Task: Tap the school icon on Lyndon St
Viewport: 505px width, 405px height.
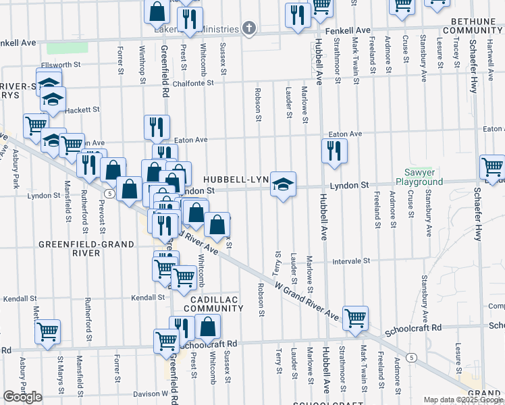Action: point(283,183)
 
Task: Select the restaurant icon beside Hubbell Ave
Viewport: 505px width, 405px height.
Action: point(334,151)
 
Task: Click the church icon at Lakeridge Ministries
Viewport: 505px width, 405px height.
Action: point(250,29)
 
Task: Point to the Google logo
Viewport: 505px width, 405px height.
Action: point(22,396)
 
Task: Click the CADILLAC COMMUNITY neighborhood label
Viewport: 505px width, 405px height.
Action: point(216,303)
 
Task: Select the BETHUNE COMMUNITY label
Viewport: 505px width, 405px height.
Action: point(472,26)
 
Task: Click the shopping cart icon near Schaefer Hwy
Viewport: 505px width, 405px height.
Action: point(492,167)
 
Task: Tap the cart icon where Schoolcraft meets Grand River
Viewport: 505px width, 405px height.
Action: point(355,317)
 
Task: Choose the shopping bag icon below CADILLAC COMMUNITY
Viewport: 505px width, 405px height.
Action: point(209,327)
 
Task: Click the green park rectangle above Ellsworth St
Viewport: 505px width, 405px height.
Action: point(62,49)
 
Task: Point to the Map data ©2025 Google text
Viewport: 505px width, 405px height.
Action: point(463,400)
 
